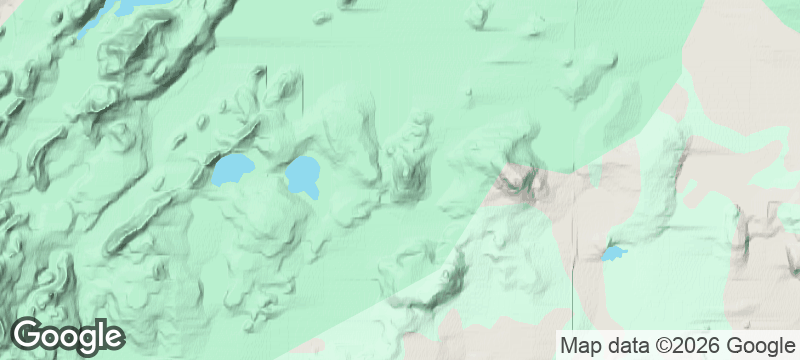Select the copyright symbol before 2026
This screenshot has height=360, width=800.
655,346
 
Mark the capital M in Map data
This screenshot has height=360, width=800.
568,346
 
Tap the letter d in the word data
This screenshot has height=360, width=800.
609,346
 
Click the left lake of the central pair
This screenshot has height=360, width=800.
232,170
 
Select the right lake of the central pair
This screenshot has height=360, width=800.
303,175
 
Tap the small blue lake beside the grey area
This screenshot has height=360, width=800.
612,253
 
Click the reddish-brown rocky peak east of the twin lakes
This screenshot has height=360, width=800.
520,182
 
